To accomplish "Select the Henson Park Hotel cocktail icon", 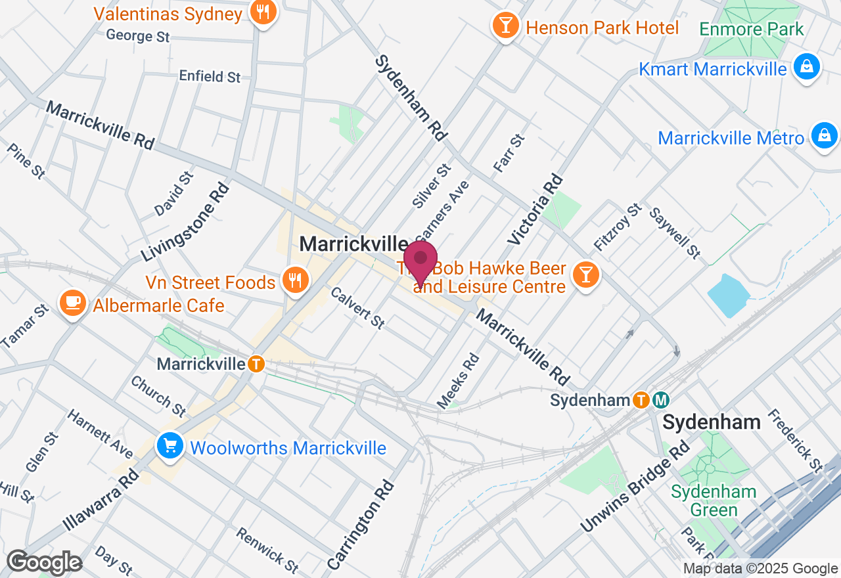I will pos(505,26).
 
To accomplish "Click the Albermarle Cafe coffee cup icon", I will pos(72,303).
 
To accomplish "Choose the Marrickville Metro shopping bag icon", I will pos(823,136).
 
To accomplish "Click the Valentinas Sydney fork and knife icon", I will pos(263,12).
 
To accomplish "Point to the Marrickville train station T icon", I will pos(256,363).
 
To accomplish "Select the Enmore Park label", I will pos(751,30).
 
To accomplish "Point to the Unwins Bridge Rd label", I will pos(635,486).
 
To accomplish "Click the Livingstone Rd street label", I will pos(186,222).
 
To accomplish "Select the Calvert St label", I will pos(357,307).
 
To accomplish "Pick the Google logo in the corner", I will pos(44,562).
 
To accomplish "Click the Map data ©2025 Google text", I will pos(760,569).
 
